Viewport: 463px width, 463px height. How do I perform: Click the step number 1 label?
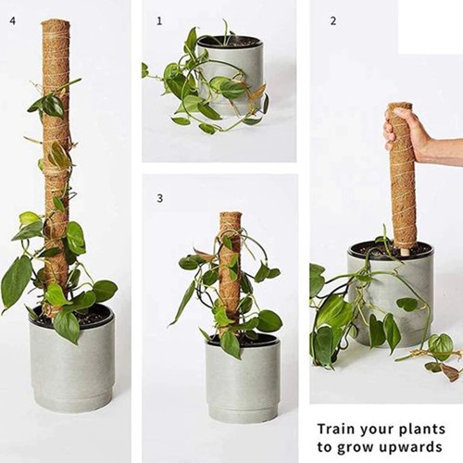[159, 19]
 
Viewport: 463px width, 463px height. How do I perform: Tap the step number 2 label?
[332, 19]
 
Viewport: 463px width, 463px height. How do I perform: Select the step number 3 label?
[159, 198]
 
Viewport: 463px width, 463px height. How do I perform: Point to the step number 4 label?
[12, 19]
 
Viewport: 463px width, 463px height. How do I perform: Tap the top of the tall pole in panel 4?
[56, 24]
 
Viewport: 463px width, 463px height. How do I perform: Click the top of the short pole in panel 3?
[231, 217]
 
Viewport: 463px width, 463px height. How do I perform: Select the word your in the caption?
[380, 429]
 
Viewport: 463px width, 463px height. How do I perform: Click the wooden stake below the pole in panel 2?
[404, 249]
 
